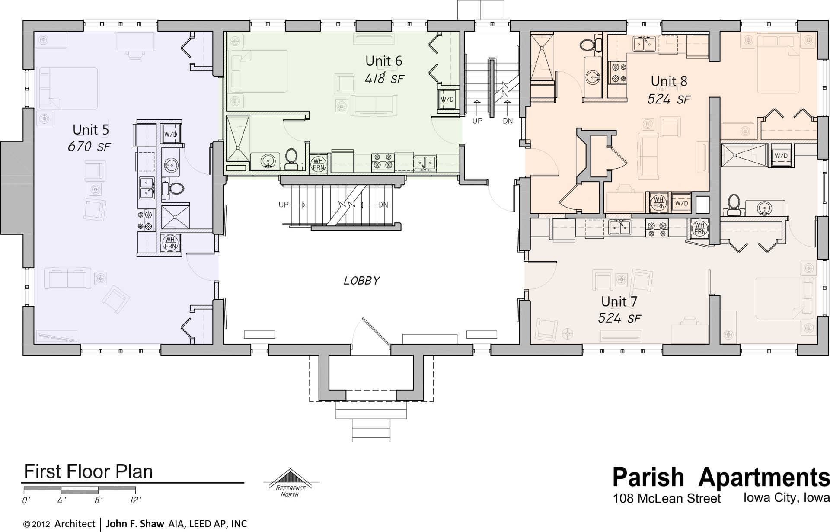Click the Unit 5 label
click(x=91, y=130)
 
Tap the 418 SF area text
click(x=384, y=79)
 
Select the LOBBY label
click(x=361, y=281)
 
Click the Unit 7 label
click(x=619, y=301)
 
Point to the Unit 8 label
click(x=669, y=81)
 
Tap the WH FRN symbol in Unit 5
click(x=170, y=243)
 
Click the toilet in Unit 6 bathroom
click(x=291, y=158)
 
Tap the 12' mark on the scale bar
click(x=135, y=500)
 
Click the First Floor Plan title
click(x=89, y=471)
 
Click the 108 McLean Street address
click(x=667, y=499)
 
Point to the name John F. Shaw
click(x=135, y=524)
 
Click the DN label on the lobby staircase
click(x=383, y=205)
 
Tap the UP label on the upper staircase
click(x=477, y=121)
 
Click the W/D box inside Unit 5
click(x=170, y=134)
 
